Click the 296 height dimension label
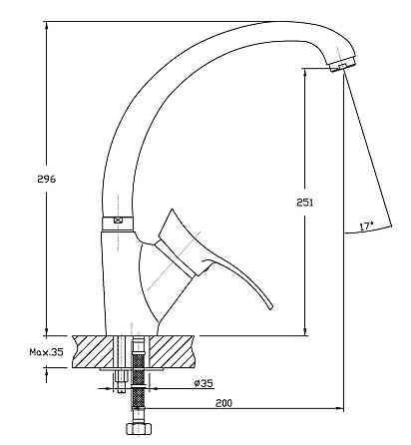pyautogui.click(x=46, y=179)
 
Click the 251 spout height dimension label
pyautogui.click(x=305, y=203)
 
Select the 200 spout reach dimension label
pyautogui.click(x=223, y=403)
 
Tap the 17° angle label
pyautogui.click(x=366, y=226)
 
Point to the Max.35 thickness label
pyautogui.click(x=46, y=352)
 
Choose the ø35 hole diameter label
pyautogui.click(x=204, y=383)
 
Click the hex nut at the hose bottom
pyautogui.click(x=139, y=429)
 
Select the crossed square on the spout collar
pyautogui.click(x=118, y=220)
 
